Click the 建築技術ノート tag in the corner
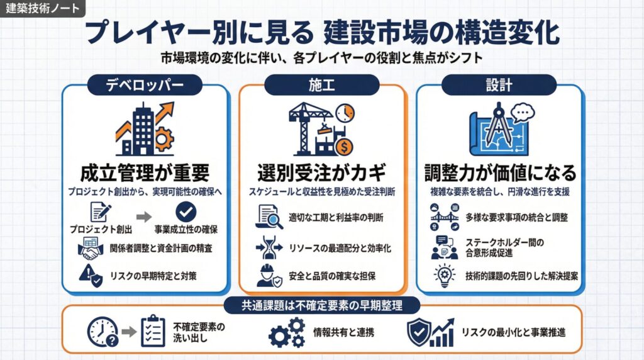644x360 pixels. pyautogui.click(x=42, y=8)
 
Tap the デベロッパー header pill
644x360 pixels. pyautogui.click(x=145, y=85)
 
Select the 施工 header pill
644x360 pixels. pyautogui.click(x=321, y=85)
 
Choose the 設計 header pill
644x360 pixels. pyautogui.click(x=499, y=85)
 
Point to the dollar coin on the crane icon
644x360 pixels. pyautogui.click(x=344, y=147)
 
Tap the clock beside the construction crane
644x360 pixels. pyautogui.click(x=345, y=113)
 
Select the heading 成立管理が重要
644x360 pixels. pyautogui.click(x=145, y=172)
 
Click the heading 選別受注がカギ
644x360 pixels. pyautogui.click(x=321, y=172)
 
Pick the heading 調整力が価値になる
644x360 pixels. pyautogui.click(x=500, y=172)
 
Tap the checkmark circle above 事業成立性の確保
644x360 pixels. pyautogui.click(x=186, y=211)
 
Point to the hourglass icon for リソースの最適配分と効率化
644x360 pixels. pyautogui.click(x=269, y=247)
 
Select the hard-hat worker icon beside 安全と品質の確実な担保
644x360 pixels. pyautogui.click(x=269, y=275)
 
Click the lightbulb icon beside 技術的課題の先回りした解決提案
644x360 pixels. pyautogui.click(x=445, y=275)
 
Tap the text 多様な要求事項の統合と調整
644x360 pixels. pyautogui.click(x=517, y=217)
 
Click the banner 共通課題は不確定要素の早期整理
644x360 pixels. pyautogui.click(x=322, y=305)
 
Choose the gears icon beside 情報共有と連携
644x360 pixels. pyautogui.click(x=287, y=332)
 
